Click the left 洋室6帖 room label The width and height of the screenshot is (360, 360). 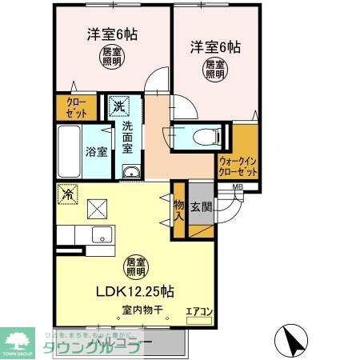tap(111, 34)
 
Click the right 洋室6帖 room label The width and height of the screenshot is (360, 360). tap(214, 46)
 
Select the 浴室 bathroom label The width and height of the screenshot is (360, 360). tap(97, 152)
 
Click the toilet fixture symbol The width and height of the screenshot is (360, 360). tap(198, 138)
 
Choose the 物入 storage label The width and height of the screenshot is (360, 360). tap(178, 210)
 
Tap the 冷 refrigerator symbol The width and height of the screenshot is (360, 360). tap(67, 194)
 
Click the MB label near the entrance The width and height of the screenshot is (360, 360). tap(237, 188)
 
